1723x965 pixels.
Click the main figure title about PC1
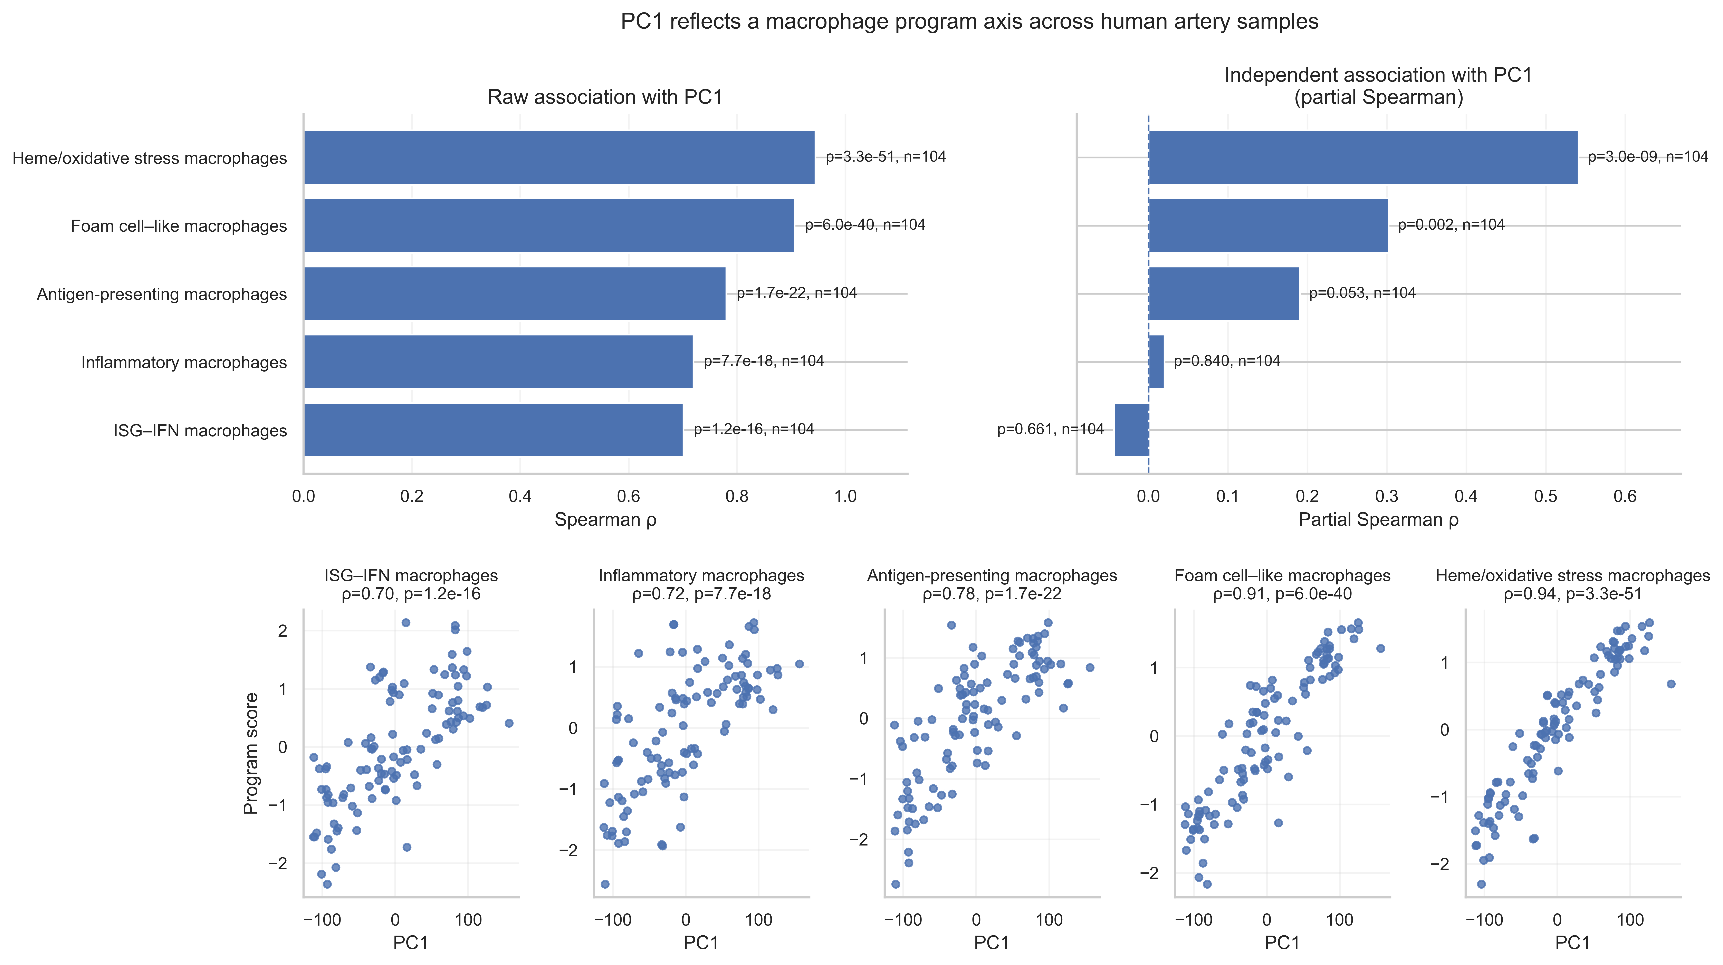[969, 21]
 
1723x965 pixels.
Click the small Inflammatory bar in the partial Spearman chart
[1156, 362]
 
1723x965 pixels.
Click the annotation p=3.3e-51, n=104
[886, 156]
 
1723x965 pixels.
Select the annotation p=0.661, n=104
[1050, 429]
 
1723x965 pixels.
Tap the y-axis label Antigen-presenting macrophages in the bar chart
[162, 294]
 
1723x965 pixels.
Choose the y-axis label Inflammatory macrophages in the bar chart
[184, 362]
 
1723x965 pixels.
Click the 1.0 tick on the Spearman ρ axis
[845, 496]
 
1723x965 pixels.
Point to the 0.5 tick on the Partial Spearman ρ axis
[1546, 496]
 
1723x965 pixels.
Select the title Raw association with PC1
[605, 97]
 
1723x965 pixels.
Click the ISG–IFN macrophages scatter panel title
[411, 576]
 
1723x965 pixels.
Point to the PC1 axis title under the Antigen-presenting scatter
[991, 943]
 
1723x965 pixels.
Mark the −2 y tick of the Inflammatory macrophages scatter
[568, 850]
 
